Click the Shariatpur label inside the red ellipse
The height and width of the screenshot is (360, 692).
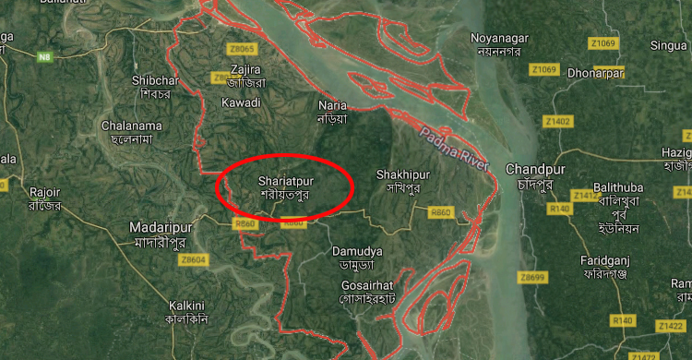tap(283, 187)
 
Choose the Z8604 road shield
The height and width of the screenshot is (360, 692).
tap(195, 260)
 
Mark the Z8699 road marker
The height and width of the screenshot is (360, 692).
tap(532, 277)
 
